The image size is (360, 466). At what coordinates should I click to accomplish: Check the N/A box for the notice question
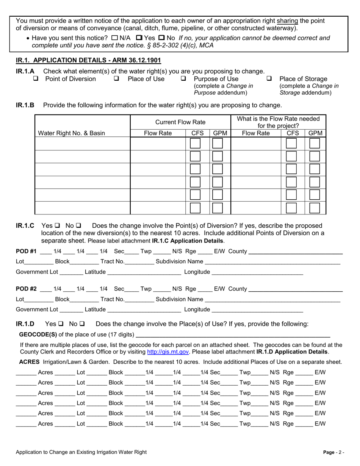(115, 38)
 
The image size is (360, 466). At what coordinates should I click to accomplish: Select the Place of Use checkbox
(117, 79)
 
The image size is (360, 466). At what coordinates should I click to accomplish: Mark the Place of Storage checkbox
(269, 79)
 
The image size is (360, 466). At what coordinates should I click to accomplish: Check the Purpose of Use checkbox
(183, 79)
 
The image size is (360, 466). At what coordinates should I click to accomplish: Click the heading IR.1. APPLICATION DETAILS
(88, 60)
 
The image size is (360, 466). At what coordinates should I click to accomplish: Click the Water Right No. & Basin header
(72, 133)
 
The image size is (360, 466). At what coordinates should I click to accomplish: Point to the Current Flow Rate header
(180, 122)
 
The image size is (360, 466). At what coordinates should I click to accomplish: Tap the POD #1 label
(26, 251)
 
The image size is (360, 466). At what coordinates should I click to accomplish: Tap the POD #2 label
(26, 289)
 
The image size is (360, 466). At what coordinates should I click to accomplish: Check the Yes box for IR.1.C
(58, 226)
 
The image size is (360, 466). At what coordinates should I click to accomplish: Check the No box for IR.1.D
(82, 324)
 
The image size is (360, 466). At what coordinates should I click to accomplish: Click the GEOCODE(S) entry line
(233, 335)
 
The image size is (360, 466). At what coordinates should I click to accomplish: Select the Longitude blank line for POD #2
(257, 310)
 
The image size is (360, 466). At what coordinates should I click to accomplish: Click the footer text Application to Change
(81, 452)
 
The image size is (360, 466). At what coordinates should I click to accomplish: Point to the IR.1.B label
(25, 105)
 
